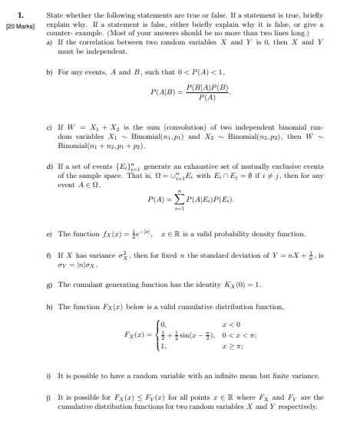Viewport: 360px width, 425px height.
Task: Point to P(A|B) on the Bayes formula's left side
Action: pos(167,93)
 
